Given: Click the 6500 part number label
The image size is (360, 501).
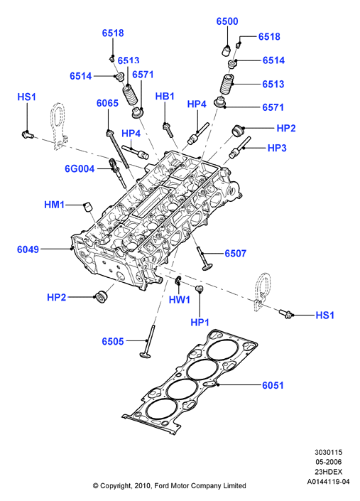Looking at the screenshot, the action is [x=227, y=21].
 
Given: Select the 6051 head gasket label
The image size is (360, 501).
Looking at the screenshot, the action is [x=273, y=385].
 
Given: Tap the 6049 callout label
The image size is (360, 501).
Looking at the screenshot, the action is [x=28, y=249].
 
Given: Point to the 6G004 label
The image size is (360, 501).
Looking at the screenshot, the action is [x=80, y=168].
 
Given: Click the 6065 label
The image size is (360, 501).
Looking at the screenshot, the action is [x=107, y=103].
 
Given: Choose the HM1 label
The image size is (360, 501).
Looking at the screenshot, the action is [x=54, y=205].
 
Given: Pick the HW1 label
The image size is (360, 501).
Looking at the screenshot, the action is [x=180, y=300].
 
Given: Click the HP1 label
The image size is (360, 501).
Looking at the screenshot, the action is [x=200, y=323].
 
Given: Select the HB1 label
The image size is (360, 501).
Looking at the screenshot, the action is [x=165, y=96].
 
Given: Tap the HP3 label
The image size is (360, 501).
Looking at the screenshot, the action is [x=277, y=148].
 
